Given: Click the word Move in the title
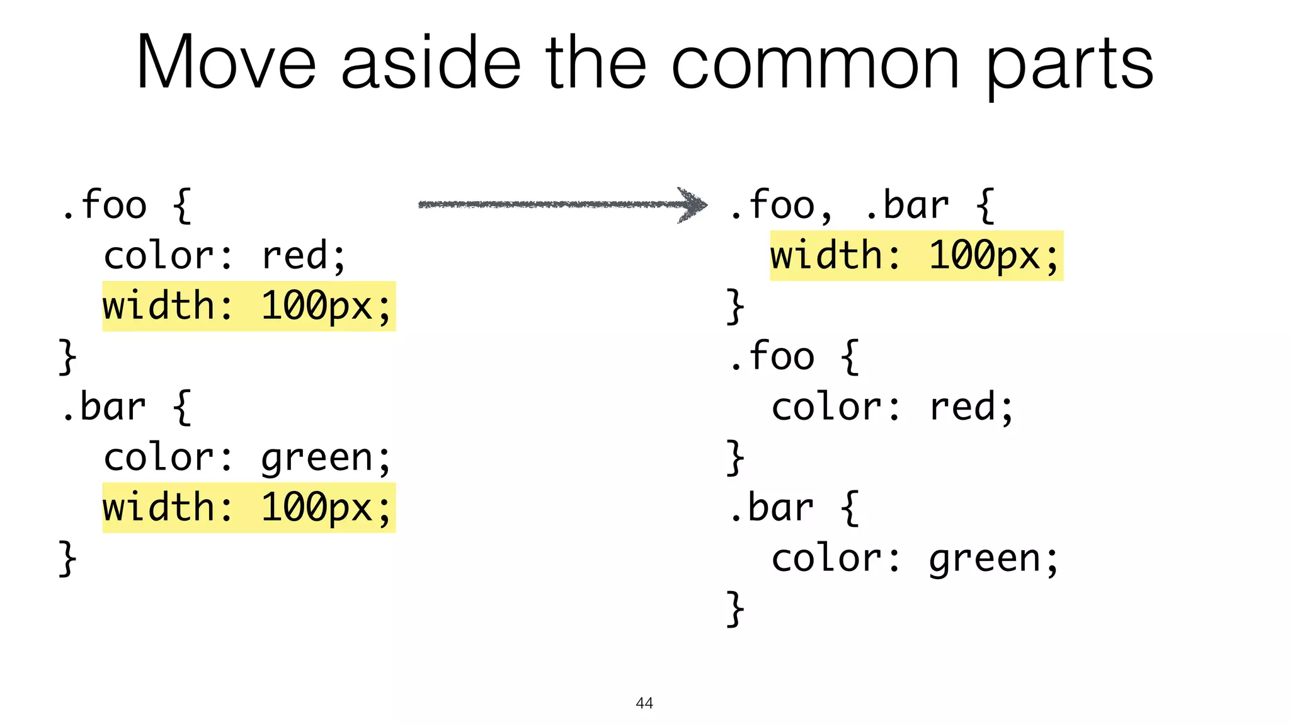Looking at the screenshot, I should pyautogui.click(x=225, y=63).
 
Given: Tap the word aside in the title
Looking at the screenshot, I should pyautogui.click(x=431, y=63).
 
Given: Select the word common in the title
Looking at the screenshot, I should pyautogui.click(x=815, y=63).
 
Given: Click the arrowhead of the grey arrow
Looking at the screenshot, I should pyautogui.click(x=693, y=204).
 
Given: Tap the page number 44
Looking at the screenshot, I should pyautogui.click(x=644, y=703).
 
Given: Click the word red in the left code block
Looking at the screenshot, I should pyautogui.click(x=295, y=256).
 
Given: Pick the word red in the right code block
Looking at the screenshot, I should pyautogui.click(x=962, y=407).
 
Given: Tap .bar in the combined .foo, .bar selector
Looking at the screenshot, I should pyautogui.click(x=907, y=205).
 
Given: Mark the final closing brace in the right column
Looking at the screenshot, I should pyautogui.click(x=734, y=609).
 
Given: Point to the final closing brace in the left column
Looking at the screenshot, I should pyautogui.click(x=67, y=558).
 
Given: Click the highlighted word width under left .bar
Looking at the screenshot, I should pyautogui.click(x=159, y=508).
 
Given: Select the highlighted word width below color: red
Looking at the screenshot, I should pyautogui.click(x=159, y=306).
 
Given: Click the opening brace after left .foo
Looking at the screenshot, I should pyautogui.click(x=182, y=205).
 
